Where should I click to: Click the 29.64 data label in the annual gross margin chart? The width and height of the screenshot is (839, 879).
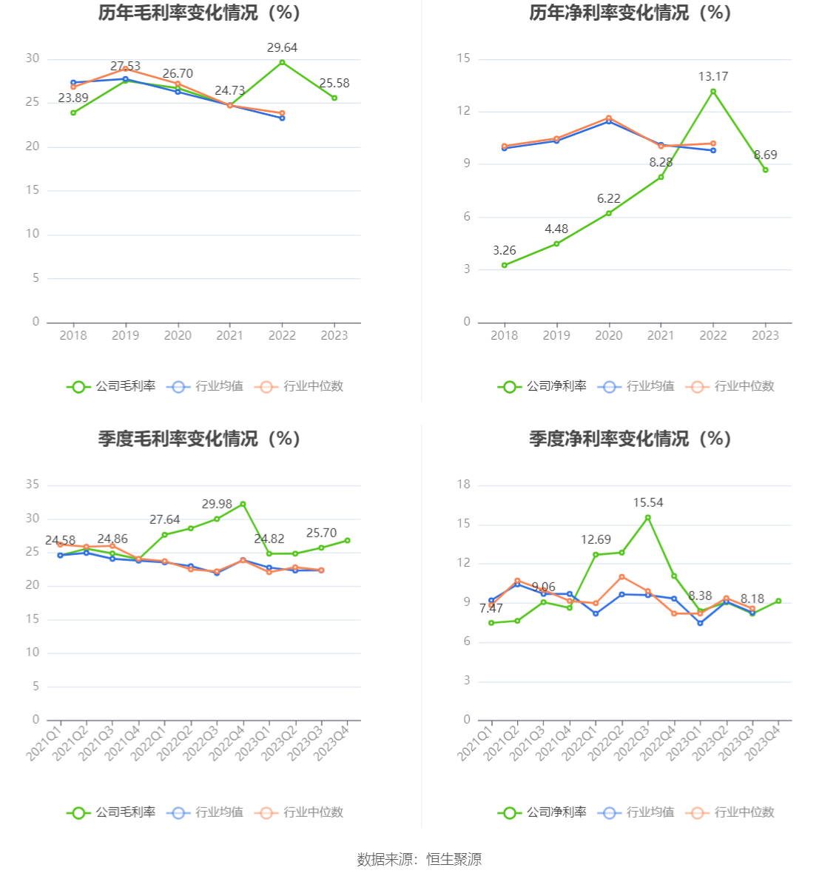(x=282, y=48)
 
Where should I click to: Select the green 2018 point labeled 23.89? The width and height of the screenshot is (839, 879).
(x=73, y=113)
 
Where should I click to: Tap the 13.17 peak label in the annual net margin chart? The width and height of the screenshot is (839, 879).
(x=713, y=77)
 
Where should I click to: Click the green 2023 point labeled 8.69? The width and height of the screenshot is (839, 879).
(x=766, y=170)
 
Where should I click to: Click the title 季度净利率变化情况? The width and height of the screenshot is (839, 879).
(x=630, y=439)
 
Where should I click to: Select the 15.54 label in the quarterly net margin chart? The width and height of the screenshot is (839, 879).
(x=648, y=503)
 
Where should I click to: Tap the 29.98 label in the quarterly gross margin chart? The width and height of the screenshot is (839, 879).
(x=217, y=505)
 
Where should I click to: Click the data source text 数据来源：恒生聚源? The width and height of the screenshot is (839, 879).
(x=419, y=860)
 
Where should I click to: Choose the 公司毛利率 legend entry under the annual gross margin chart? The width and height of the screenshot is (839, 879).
(x=112, y=386)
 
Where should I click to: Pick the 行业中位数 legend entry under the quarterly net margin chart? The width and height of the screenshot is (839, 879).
(x=731, y=812)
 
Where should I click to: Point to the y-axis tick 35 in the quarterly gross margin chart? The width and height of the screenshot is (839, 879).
(x=33, y=485)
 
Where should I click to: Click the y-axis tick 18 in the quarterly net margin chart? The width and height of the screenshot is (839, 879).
(x=464, y=485)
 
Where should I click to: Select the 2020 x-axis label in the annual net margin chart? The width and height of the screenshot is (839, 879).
(x=609, y=336)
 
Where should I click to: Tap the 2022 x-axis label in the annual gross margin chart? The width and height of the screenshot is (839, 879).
(x=282, y=336)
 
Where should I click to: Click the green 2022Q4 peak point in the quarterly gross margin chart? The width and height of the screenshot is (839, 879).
(x=243, y=505)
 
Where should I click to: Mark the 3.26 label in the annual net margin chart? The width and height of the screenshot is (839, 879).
(x=505, y=251)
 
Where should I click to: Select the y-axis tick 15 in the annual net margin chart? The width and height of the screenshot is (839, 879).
(x=464, y=58)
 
